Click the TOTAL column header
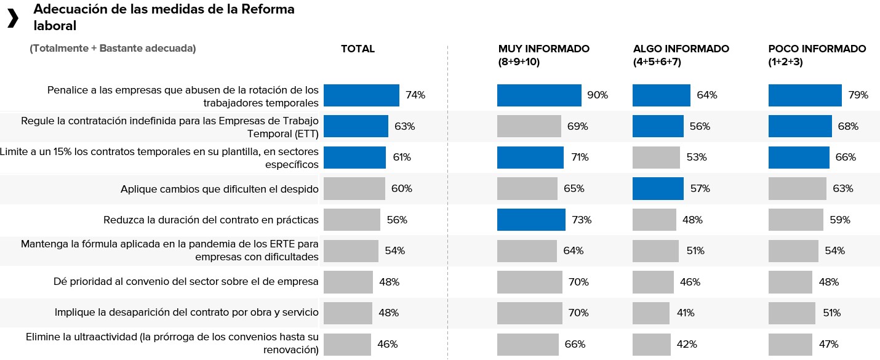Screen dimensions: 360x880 358,49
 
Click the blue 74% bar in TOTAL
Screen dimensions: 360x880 361,95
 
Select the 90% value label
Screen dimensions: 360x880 598,95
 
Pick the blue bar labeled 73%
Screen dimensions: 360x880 531,220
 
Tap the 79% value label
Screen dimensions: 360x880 858,95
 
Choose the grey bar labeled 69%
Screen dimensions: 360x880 529,127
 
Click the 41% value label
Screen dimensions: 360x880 685,313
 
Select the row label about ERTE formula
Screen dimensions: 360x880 169,250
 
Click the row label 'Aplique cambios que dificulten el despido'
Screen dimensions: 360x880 219,189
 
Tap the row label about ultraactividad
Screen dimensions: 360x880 172,344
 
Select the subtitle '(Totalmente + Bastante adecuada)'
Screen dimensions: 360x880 113,49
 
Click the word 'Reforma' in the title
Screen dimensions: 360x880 266,9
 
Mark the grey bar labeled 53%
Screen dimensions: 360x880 656,158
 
